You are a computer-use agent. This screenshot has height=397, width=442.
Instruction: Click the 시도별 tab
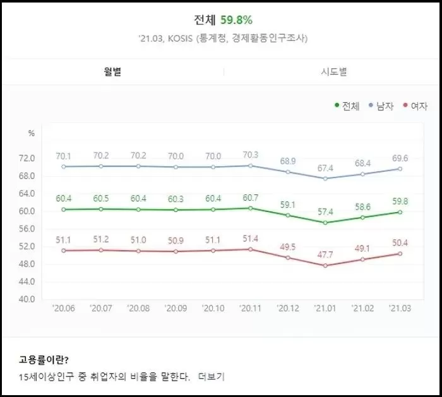coord(333,71)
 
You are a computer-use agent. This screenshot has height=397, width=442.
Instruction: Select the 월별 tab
coord(112,71)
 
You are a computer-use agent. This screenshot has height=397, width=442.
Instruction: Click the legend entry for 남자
coord(381,106)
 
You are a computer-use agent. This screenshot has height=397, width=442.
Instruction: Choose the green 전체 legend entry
coord(347,106)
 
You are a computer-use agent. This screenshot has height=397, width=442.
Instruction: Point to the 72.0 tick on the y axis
coord(26,158)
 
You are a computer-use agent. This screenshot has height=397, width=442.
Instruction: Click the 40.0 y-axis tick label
coord(26,299)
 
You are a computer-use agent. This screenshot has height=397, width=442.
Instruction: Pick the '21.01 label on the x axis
coord(325,309)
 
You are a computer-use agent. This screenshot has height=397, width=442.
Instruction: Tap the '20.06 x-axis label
coord(63,309)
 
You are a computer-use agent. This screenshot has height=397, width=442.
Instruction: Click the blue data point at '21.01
coord(325,179)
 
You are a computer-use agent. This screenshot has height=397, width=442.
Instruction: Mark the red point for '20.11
coord(250,249)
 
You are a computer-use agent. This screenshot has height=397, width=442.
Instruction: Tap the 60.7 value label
coord(250,198)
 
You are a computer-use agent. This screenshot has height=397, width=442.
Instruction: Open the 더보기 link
coord(211,377)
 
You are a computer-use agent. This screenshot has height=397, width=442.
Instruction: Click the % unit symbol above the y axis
coord(31,133)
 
